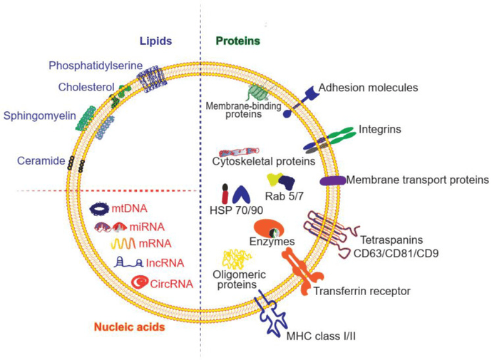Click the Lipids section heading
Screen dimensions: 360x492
pyautogui.click(x=156, y=41)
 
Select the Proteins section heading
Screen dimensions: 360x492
pyautogui.click(x=238, y=41)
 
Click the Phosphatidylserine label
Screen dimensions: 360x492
pyautogui.click(x=96, y=66)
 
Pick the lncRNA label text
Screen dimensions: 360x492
pyautogui.click(x=160, y=263)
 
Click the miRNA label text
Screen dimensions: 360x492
pyautogui.click(x=148, y=227)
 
